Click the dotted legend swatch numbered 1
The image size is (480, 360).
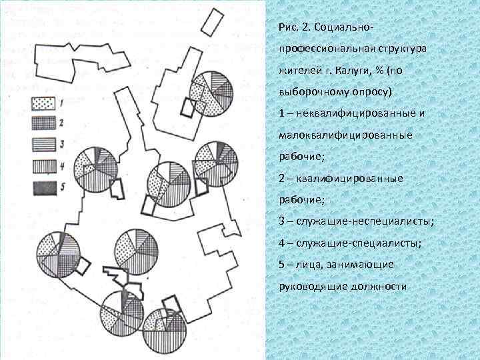[x=43, y=103]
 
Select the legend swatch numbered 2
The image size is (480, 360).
[x=43, y=123]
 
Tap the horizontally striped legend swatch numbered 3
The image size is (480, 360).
[x=43, y=144]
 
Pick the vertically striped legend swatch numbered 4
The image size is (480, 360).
[x=43, y=165]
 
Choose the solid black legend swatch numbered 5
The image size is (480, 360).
[x=43, y=187]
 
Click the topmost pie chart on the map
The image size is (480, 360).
[x=211, y=94]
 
